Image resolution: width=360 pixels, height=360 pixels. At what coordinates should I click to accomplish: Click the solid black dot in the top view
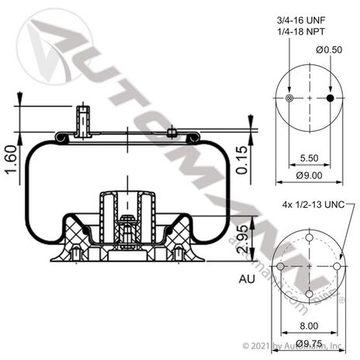(x=331, y=99)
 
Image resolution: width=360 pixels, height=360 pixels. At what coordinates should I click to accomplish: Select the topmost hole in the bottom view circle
(x=310, y=238)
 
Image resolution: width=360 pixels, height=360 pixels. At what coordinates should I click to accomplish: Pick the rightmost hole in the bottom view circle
(x=337, y=266)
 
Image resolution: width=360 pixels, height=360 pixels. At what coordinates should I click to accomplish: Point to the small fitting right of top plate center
(x=171, y=133)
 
